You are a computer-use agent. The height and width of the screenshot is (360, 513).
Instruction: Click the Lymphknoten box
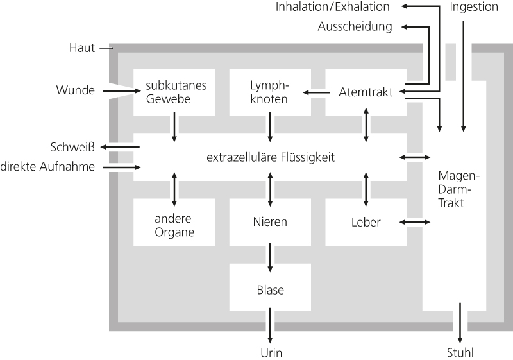pyautogui.click(x=269, y=92)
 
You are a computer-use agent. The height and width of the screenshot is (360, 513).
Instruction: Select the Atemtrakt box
pyautogui.click(x=366, y=92)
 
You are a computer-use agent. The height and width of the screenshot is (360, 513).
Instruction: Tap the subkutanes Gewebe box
pyautogui.click(x=174, y=92)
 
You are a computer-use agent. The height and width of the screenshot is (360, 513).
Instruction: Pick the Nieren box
pyautogui.click(x=269, y=222)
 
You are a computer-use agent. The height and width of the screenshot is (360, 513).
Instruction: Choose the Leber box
pyautogui.click(x=366, y=222)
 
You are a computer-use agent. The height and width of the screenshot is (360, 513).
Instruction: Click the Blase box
pyautogui.click(x=269, y=289)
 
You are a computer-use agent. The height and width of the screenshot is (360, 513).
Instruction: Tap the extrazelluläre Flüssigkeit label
pyautogui.click(x=270, y=157)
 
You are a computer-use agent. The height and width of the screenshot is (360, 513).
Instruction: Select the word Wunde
pyautogui.click(x=76, y=90)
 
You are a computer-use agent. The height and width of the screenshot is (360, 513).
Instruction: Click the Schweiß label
pyautogui.click(x=72, y=147)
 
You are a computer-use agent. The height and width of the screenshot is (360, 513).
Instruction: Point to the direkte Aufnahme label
pyautogui.click(x=48, y=167)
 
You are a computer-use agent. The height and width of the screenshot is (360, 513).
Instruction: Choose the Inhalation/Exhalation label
pyautogui.click(x=333, y=7)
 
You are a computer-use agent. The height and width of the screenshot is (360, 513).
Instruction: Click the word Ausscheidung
pyautogui.click(x=355, y=26)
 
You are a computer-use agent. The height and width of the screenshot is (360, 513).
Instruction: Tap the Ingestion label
pyautogui.click(x=474, y=7)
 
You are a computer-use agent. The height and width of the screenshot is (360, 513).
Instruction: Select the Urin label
pyautogui.click(x=271, y=352)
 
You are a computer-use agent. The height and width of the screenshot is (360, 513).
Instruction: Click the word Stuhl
pyautogui.click(x=460, y=352)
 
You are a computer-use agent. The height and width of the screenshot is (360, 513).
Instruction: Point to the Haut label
pyautogui.click(x=82, y=47)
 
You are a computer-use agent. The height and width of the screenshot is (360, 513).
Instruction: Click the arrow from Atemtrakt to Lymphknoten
pyautogui.click(x=314, y=92)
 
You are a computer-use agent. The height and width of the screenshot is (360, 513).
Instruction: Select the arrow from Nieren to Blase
pyautogui.click(x=270, y=257)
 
